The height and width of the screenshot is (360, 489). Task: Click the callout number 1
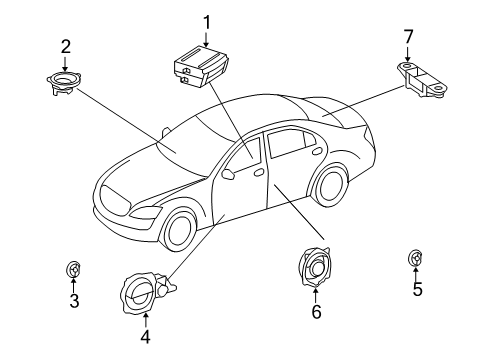pyautogui.click(x=208, y=21)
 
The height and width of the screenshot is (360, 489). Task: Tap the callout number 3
pyautogui.click(x=73, y=301)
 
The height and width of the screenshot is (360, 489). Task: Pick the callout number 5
pyautogui.click(x=417, y=290)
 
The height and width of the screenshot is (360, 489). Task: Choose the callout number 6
pyautogui.click(x=315, y=312)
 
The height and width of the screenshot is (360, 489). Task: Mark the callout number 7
pyautogui.click(x=407, y=37)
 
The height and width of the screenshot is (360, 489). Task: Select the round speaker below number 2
pyautogui.click(x=67, y=80)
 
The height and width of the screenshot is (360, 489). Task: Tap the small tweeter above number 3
pyautogui.click(x=73, y=268)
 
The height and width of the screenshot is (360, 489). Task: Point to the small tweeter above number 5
pyautogui.click(x=415, y=258)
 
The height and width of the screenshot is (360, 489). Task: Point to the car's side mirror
pyautogui.click(x=229, y=173)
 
